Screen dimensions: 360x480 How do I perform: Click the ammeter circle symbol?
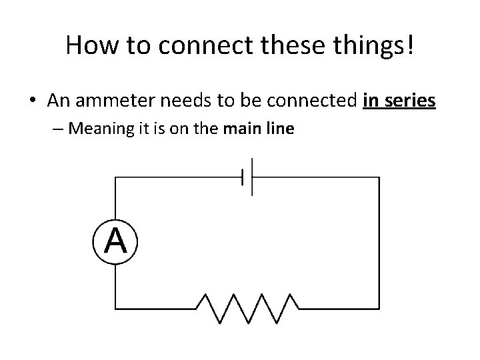115,241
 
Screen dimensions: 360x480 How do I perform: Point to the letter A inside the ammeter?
115,241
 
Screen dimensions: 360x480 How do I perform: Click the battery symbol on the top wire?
247,177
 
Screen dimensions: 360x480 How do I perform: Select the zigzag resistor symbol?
247,308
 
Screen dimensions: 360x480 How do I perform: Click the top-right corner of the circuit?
379,177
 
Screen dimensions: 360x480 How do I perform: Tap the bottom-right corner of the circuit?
379,309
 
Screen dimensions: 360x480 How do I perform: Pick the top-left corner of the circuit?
115,177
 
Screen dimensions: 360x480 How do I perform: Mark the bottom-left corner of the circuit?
115,309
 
